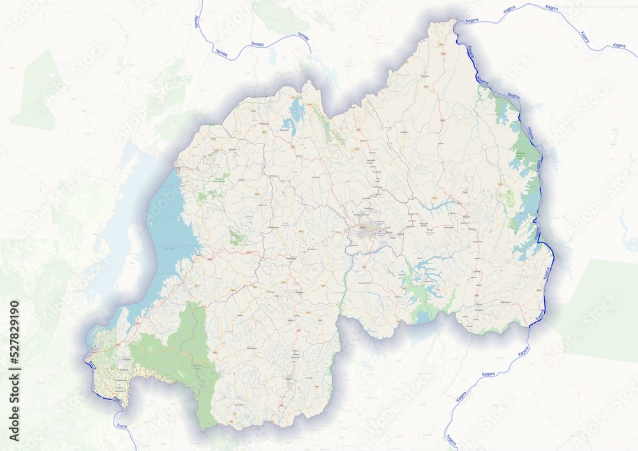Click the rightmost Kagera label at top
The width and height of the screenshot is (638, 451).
(x=619, y=45)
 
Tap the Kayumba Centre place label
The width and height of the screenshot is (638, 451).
(x=364, y=282)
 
